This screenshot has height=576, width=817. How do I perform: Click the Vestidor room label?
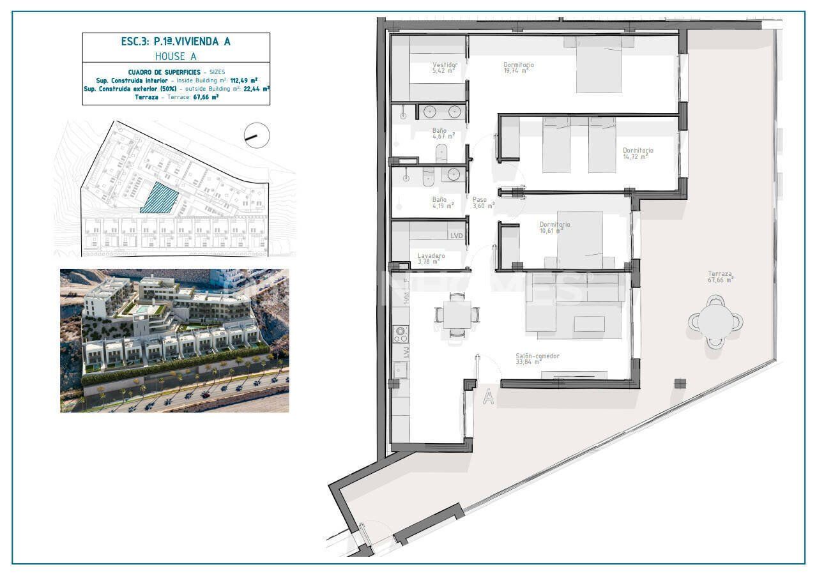tap(445, 64)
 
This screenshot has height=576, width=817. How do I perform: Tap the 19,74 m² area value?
tap(515, 71)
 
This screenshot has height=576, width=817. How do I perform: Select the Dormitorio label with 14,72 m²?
tap(638, 151)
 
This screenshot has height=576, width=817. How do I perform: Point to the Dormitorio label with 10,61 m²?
tap(554, 224)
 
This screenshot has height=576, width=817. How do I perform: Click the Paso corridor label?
tap(479, 199)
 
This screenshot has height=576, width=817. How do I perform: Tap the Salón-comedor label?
tap(537, 356)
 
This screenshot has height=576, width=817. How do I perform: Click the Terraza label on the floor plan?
tap(719, 273)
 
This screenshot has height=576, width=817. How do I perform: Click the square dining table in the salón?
tap(457, 314)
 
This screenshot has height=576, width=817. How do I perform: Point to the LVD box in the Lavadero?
tap(456, 236)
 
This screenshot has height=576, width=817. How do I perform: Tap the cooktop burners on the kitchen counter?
tap(401, 333)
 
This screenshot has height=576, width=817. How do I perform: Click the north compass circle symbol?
tap(257, 135)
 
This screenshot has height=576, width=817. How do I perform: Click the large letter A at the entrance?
tap(488, 397)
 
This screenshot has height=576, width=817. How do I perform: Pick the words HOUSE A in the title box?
tap(176, 56)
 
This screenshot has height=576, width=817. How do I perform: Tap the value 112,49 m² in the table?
tap(244, 80)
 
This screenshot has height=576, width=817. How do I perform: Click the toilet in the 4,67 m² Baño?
tap(441, 153)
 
